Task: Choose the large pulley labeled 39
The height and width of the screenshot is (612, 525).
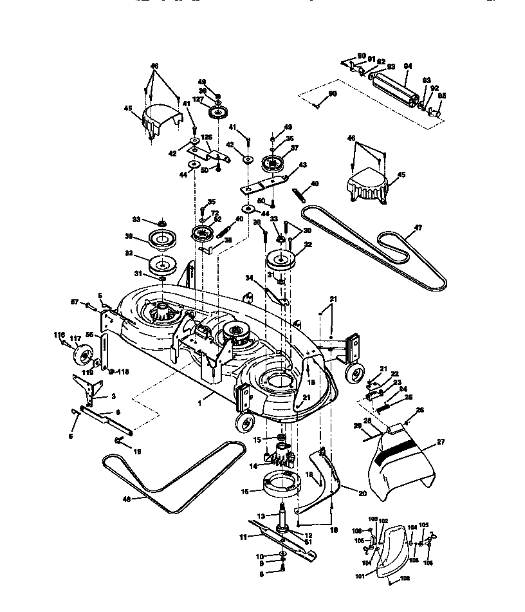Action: point(163,241)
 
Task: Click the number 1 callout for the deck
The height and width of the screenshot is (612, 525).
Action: point(199,403)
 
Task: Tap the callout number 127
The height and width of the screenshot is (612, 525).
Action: point(199,100)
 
